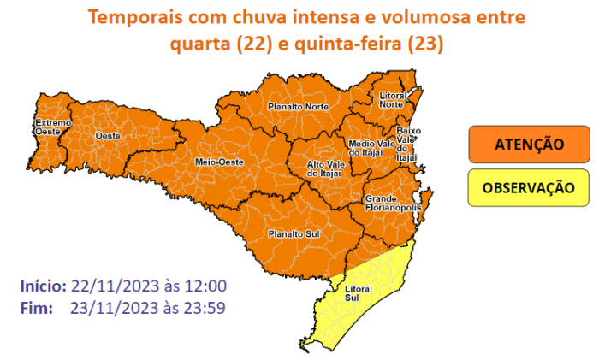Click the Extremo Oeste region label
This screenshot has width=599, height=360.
[47, 127]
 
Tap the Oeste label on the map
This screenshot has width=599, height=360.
[107, 136]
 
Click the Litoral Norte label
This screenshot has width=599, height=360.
[391, 101]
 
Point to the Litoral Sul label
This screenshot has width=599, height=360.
[360, 293]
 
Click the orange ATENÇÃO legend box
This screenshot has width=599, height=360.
[529, 144]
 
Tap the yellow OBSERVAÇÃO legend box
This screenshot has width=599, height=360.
[529, 188]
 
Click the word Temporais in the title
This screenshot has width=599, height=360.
[130, 16]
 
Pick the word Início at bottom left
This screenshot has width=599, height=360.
[41, 286]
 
